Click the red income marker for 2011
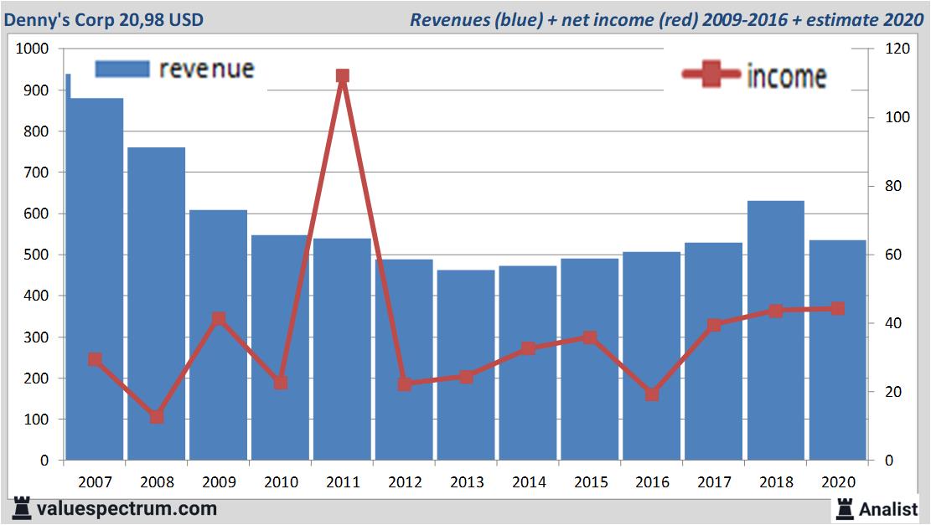tap(342, 76)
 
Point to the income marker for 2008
tap(157, 416)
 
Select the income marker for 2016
tap(652, 394)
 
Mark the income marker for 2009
tap(219, 318)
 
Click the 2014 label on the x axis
tap(528, 482)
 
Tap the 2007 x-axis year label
tap(95, 482)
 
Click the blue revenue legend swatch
tap(122, 69)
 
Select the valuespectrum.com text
tap(127, 508)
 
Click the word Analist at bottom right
tap(888, 508)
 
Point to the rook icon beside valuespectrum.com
tap(22, 507)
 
